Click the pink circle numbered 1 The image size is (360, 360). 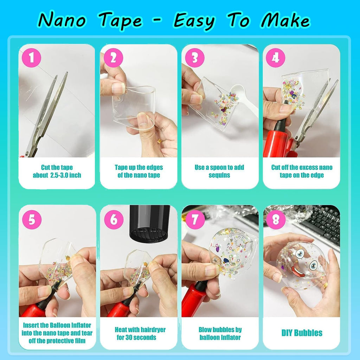[32, 58]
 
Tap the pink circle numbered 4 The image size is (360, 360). [275, 58]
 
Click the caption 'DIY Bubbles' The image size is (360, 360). [302, 333]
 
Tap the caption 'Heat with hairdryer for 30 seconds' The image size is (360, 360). [140, 333]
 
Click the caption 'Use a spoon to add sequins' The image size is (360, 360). [220, 171]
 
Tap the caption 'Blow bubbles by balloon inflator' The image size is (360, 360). [220, 333]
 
